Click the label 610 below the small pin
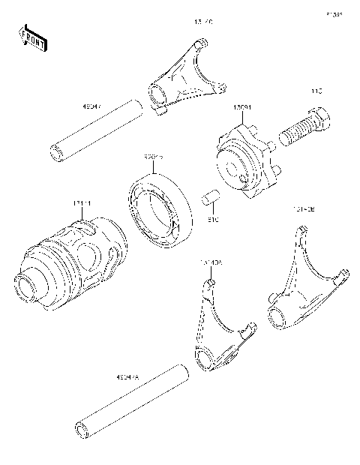[213, 220]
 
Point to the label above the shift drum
[82, 203]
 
